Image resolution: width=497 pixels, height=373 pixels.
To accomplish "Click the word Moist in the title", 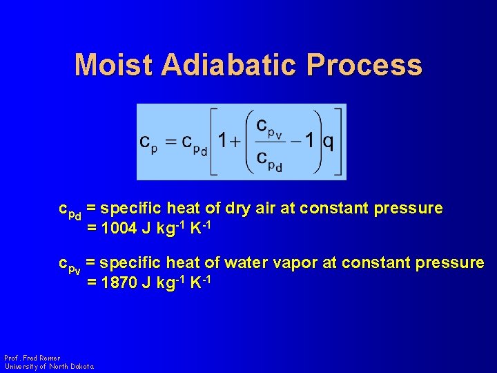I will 114,65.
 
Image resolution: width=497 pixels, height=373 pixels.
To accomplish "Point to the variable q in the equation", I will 329,142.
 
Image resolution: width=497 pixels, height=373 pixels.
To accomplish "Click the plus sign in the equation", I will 235,142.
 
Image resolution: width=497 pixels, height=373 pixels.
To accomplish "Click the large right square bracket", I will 339,142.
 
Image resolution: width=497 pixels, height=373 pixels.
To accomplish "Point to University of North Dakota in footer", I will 49,366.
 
